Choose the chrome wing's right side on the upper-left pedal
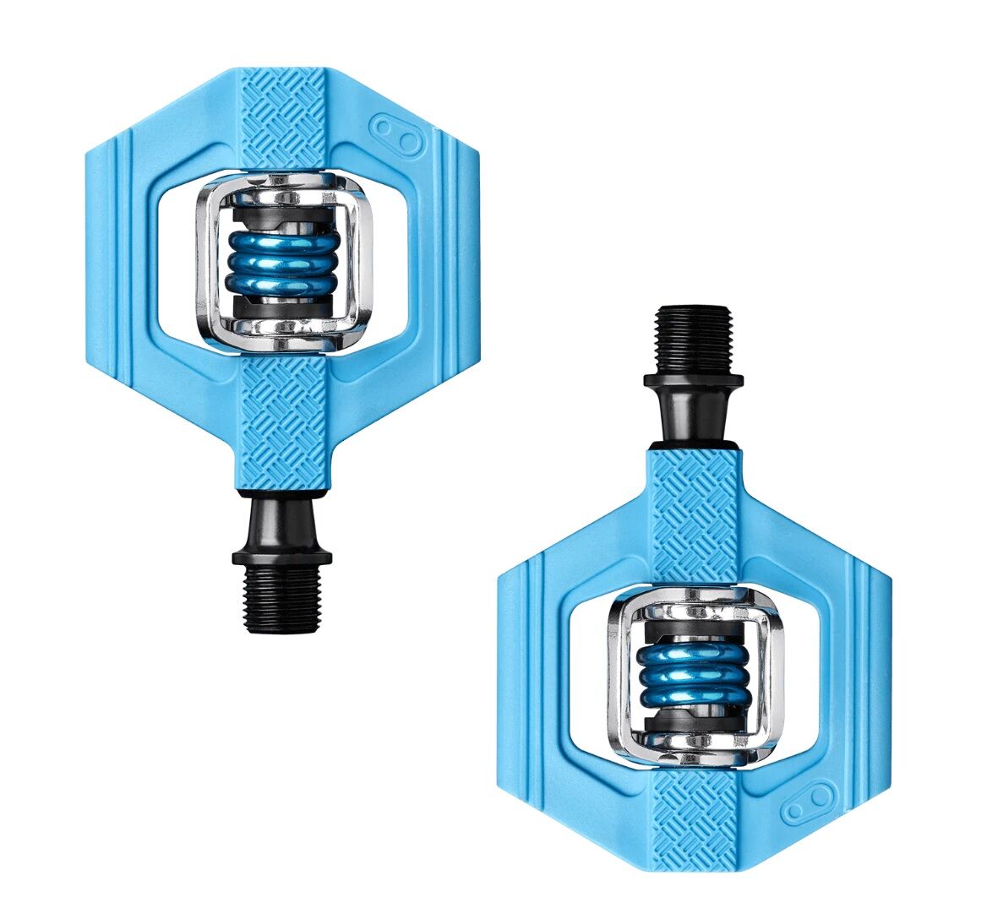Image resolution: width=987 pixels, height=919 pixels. tap(361, 263)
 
